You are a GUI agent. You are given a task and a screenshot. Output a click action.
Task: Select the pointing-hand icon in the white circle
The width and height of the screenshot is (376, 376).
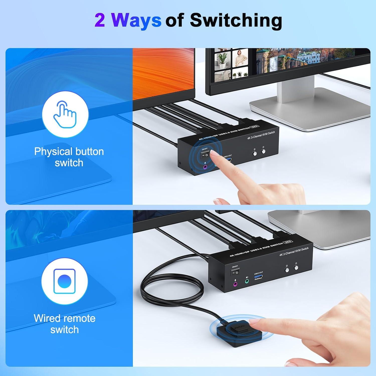click(x=65, y=114)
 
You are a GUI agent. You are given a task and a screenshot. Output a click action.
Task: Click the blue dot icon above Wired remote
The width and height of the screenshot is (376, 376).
click(x=65, y=281)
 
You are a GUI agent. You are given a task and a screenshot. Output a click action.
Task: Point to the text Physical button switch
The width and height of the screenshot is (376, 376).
click(x=69, y=157)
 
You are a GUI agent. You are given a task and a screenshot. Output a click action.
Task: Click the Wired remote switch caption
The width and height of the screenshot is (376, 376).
click(x=65, y=324)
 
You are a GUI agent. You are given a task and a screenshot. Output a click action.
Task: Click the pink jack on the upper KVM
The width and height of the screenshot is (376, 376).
click(x=205, y=168)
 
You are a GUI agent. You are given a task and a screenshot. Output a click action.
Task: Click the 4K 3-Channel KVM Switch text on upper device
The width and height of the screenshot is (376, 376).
click(x=261, y=135)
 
